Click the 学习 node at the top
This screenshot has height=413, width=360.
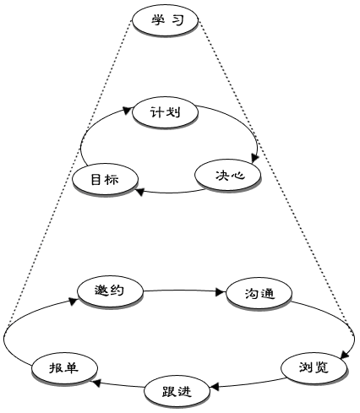coord(166,20)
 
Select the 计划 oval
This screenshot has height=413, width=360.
coord(166,113)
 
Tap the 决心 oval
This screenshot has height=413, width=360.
coord(228,176)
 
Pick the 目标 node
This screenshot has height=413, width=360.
coord(106,179)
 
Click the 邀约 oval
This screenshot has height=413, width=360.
coord(111,291)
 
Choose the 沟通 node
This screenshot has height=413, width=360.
coord(259,294)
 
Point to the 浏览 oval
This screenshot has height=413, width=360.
coord(314,368)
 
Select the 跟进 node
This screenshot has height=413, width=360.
coord(177,392)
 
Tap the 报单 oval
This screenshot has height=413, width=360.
coord(64,368)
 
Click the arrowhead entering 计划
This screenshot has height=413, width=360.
coord(128,110)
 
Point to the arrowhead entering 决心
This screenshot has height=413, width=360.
coord(254,158)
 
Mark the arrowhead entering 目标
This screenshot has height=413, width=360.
coord(139,192)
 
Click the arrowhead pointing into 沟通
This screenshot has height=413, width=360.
coord(221,292)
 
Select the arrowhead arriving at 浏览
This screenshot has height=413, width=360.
coord(345,355)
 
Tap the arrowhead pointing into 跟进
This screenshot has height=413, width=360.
coord(215,387)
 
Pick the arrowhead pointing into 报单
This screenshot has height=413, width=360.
coord(96,383)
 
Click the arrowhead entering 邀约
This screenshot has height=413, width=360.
coord(74,301)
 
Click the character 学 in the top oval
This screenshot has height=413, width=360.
coord(158,20)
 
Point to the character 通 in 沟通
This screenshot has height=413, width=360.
coord(267,294)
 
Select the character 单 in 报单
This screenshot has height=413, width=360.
coord(72,368)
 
